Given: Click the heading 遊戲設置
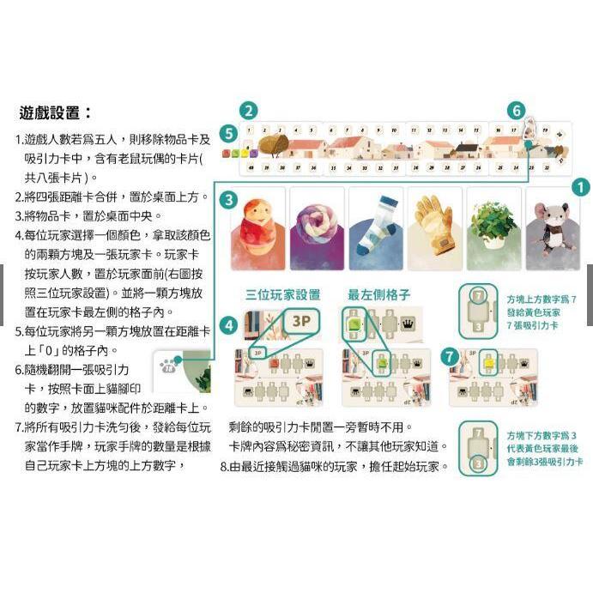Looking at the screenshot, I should pyautogui.click(x=55, y=112).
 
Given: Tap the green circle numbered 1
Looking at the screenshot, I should pyautogui.click(x=580, y=186).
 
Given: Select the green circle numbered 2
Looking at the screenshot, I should pyautogui.click(x=248, y=111).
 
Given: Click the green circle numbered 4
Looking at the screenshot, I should pyautogui.click(x=228, y=325).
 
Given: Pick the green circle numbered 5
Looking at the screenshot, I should pyautogui.click(x=227, y=133).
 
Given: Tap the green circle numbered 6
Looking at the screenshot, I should pyautogui.click(x=516, y=111).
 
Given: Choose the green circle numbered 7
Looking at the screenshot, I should pyautogui.click(x=448, y=355).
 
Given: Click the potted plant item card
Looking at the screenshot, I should pyautogui.click(x=493, y=228).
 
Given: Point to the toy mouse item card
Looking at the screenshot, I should pyautogui.click(x=552, y=228).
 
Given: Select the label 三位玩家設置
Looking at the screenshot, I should pyautogui.click(x=282, y=294).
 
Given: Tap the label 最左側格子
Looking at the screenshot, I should pyautogui.click(x=378, y=294).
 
